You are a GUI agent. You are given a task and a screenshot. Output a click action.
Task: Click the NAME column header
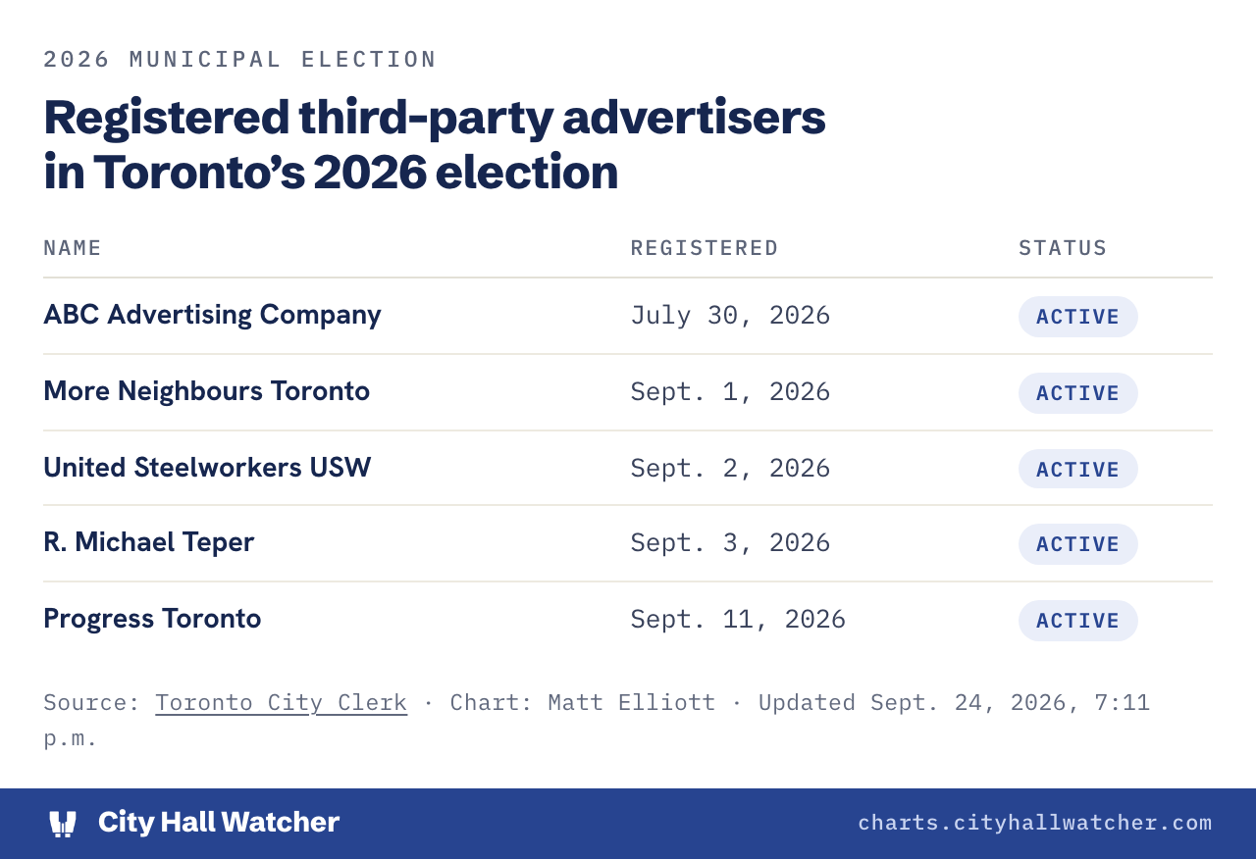pyautogui.click(x=73, y=248)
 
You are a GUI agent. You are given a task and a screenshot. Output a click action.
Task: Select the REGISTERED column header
pyautogui.click(x=705, y=248)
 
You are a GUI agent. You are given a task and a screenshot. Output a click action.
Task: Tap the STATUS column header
pyautogui.click(x=1063, y=248)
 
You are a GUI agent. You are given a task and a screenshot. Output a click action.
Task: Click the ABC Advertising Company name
pyautogui.click(x=213, y=315)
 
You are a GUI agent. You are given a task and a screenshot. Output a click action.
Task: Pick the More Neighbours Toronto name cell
pyautogui.click(x=207, y=391)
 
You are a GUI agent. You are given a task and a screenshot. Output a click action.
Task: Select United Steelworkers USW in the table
pyautogui.click(x=207, y=468)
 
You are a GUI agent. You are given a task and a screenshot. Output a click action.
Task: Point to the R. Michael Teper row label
pyautogui.click(x=149, y=542)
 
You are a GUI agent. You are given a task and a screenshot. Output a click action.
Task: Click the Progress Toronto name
pyautogui.click(x=152, y=619)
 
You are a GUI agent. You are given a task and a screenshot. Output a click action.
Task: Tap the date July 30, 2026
pyautogui.click(x=730, y=316)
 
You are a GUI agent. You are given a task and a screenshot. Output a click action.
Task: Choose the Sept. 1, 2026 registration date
pyautogui.click(x=730, y=391)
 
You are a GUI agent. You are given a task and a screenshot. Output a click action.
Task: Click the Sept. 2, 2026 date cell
pyautogui.click(x=730, y=469)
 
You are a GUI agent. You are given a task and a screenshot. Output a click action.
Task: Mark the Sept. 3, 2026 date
pyautogui.click(x=730, y=543)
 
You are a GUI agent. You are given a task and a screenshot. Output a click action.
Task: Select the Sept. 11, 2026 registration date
pyautogui.click(x=738, y=620)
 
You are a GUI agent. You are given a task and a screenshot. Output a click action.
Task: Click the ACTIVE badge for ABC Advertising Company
pyautogui.click(x=1077, y=317)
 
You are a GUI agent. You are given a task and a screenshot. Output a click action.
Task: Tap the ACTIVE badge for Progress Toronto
pyautogui.click(x=1077, y=621)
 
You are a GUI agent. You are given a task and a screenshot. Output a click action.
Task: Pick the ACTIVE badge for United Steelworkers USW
pyautogui.click(x=1077, y=469)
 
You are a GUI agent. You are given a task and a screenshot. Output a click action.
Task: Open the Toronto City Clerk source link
pyautogui.click(x=281, y=703)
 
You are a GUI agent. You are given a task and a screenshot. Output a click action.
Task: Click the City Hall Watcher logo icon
pyautogui.click(x=63, y=824)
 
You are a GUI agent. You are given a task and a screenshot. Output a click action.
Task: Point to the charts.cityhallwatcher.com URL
pyautogui.click(x=1035, y=823)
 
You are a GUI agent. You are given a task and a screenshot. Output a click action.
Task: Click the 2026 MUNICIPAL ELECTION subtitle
pyautogui.click(x=240, y=60)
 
